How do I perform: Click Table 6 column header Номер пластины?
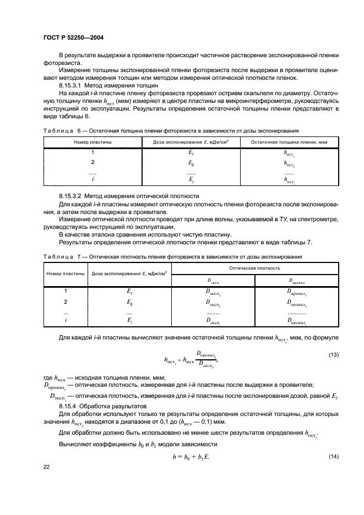pos(93,143)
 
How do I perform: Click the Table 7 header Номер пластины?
pos(65,273)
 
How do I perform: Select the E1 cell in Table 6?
pos(191,154)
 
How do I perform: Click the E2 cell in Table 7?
pos(129,302)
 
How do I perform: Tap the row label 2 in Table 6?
pos(93,163)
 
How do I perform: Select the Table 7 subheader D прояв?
pos(296,281)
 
